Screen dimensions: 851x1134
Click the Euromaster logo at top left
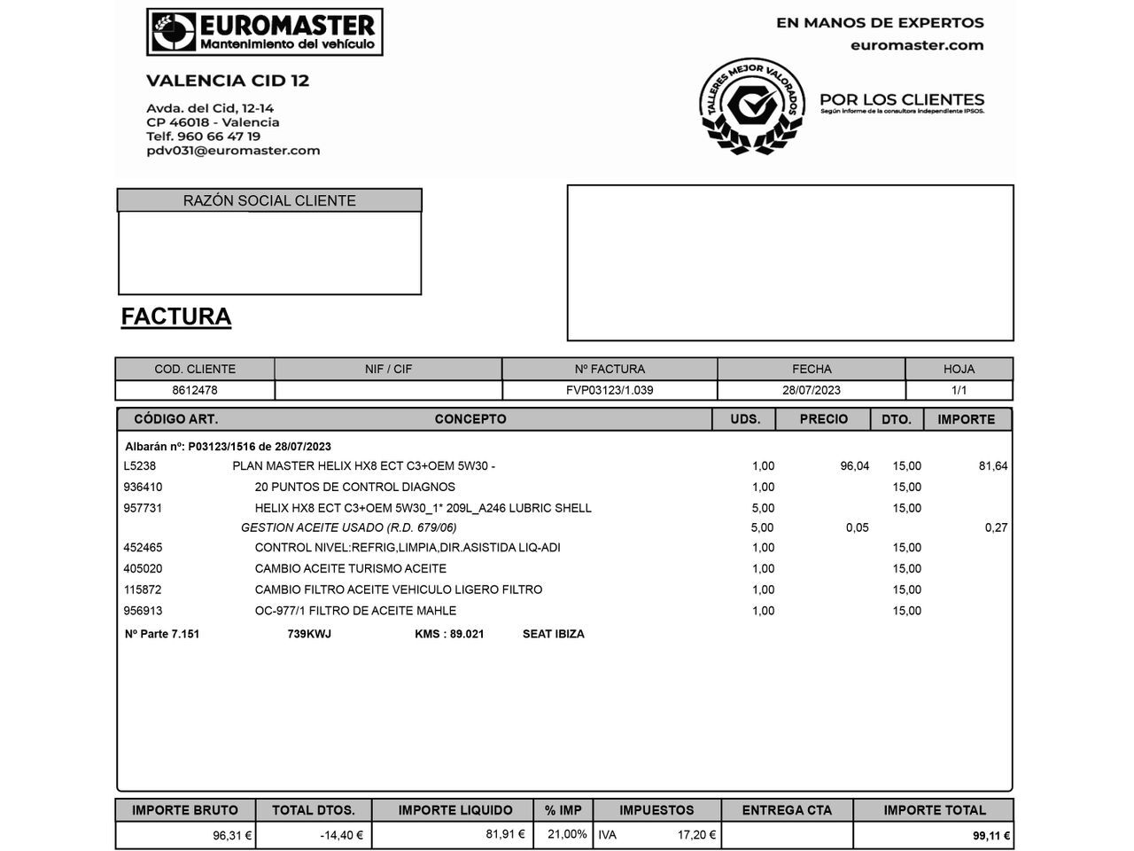[264, 33]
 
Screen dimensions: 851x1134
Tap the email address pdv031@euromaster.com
[233, 151]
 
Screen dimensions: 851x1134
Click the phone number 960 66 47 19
[218, 137]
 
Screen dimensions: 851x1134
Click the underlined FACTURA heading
[175, 316]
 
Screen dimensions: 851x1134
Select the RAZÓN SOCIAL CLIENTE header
[269, 200]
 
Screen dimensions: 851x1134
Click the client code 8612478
[195, 390]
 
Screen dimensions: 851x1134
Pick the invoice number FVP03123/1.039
[610, 390]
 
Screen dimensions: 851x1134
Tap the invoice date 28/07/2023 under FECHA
[811, 390]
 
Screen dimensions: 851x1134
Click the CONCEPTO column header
[470, 419]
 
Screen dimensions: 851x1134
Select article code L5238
[140, 466]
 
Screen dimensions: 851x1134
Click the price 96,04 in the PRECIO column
[854, 466]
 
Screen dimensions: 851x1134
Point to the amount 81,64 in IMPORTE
[992, 466]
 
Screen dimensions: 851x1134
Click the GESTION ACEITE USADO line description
[349, 527]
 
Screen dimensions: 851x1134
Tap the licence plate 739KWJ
[309, 634]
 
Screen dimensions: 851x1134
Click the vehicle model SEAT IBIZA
[553, 634]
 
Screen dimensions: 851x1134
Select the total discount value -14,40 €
[341, 835]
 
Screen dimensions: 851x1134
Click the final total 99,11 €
[991, 836]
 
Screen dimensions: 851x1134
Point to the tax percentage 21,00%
[567, 834]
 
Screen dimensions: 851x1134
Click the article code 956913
[143, 611]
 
